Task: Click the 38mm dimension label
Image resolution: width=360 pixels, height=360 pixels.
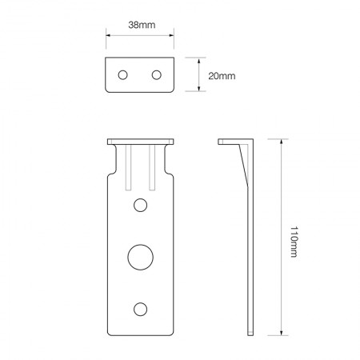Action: click(x=141, y=26)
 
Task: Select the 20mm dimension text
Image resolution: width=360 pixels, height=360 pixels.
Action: click(x=222, y=75)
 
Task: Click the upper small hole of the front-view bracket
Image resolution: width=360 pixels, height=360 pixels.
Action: click(x=141, y=206)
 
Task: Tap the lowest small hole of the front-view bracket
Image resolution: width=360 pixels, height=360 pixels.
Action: click(x=141, y=308)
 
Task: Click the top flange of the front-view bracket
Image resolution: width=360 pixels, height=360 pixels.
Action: click(x=141, y=142)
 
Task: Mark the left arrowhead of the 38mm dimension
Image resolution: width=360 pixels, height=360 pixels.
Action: click(x=109, y=35)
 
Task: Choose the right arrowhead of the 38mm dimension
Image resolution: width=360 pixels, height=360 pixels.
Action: click(x=172, y=35)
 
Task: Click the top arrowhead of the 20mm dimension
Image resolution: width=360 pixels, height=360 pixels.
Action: click(x=198, y=58)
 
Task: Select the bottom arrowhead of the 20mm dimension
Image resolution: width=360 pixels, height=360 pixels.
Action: click(x=198, y=90)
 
